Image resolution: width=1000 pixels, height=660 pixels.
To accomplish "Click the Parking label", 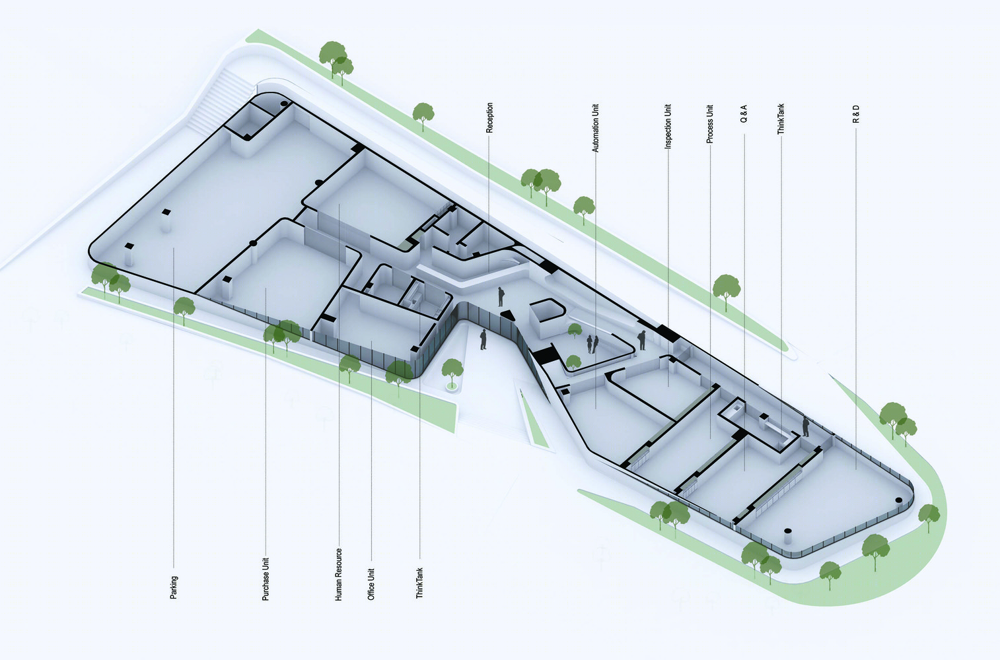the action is (x=174, y=587).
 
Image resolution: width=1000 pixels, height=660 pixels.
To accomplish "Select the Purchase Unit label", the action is (x=266, y=579).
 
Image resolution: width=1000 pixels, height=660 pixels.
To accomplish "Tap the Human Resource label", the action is (x=338, y=574).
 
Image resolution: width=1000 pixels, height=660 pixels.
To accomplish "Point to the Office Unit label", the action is (x=371, y=584).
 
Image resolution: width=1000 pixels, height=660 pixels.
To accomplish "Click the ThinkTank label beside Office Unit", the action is (x=419, y=583).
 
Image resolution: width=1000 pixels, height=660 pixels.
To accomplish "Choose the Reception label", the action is (x=489, y=117).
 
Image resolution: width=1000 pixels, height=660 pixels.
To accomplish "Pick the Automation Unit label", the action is (x=595, y=129).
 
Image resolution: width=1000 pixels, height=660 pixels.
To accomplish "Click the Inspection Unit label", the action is (x=668, y=127).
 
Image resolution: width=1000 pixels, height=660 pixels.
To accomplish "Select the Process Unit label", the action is (x=710, y=124).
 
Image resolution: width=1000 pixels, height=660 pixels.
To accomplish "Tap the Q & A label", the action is (x=744, y=114).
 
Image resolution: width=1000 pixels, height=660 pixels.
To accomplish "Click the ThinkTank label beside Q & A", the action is (x=781, y=119).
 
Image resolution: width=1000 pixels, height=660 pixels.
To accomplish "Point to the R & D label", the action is (x=856, y=114).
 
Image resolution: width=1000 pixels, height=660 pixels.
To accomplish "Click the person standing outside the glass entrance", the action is (x=483, y=339).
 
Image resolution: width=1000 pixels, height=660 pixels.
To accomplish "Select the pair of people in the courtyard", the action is (x=592, y=344).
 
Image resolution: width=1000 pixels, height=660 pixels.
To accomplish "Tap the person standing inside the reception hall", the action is (x=501, y=296).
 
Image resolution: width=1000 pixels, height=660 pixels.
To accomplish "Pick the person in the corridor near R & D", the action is (x=806, y=427).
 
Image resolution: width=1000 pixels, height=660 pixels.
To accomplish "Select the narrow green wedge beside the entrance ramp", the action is (x=534, y=420).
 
